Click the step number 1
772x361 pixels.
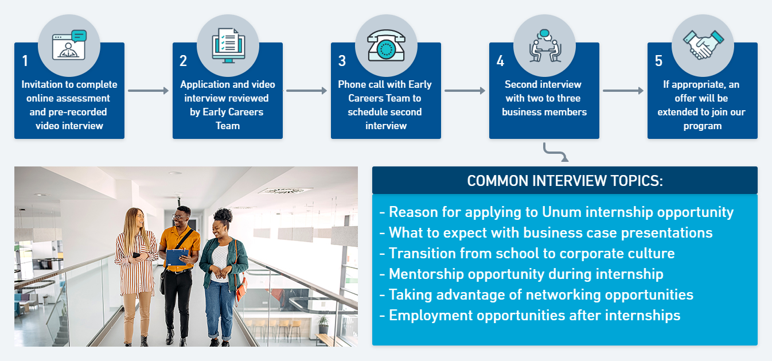(x=25, y=61)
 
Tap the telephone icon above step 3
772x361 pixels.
(x=386, y=46)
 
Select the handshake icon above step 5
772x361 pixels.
(x=703, y=45)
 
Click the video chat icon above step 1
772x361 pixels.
(x=69, y=45)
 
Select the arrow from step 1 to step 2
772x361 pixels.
(x=148, y=91)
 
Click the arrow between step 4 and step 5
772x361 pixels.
(x=623, y=91)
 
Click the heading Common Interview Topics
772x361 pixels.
(x=564, y=181)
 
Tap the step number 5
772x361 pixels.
(x=658, y=61)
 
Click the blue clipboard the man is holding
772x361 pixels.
(x=177, y=257)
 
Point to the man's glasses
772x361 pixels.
(x=181, y=216)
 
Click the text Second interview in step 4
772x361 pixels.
(x=543, y=84)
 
